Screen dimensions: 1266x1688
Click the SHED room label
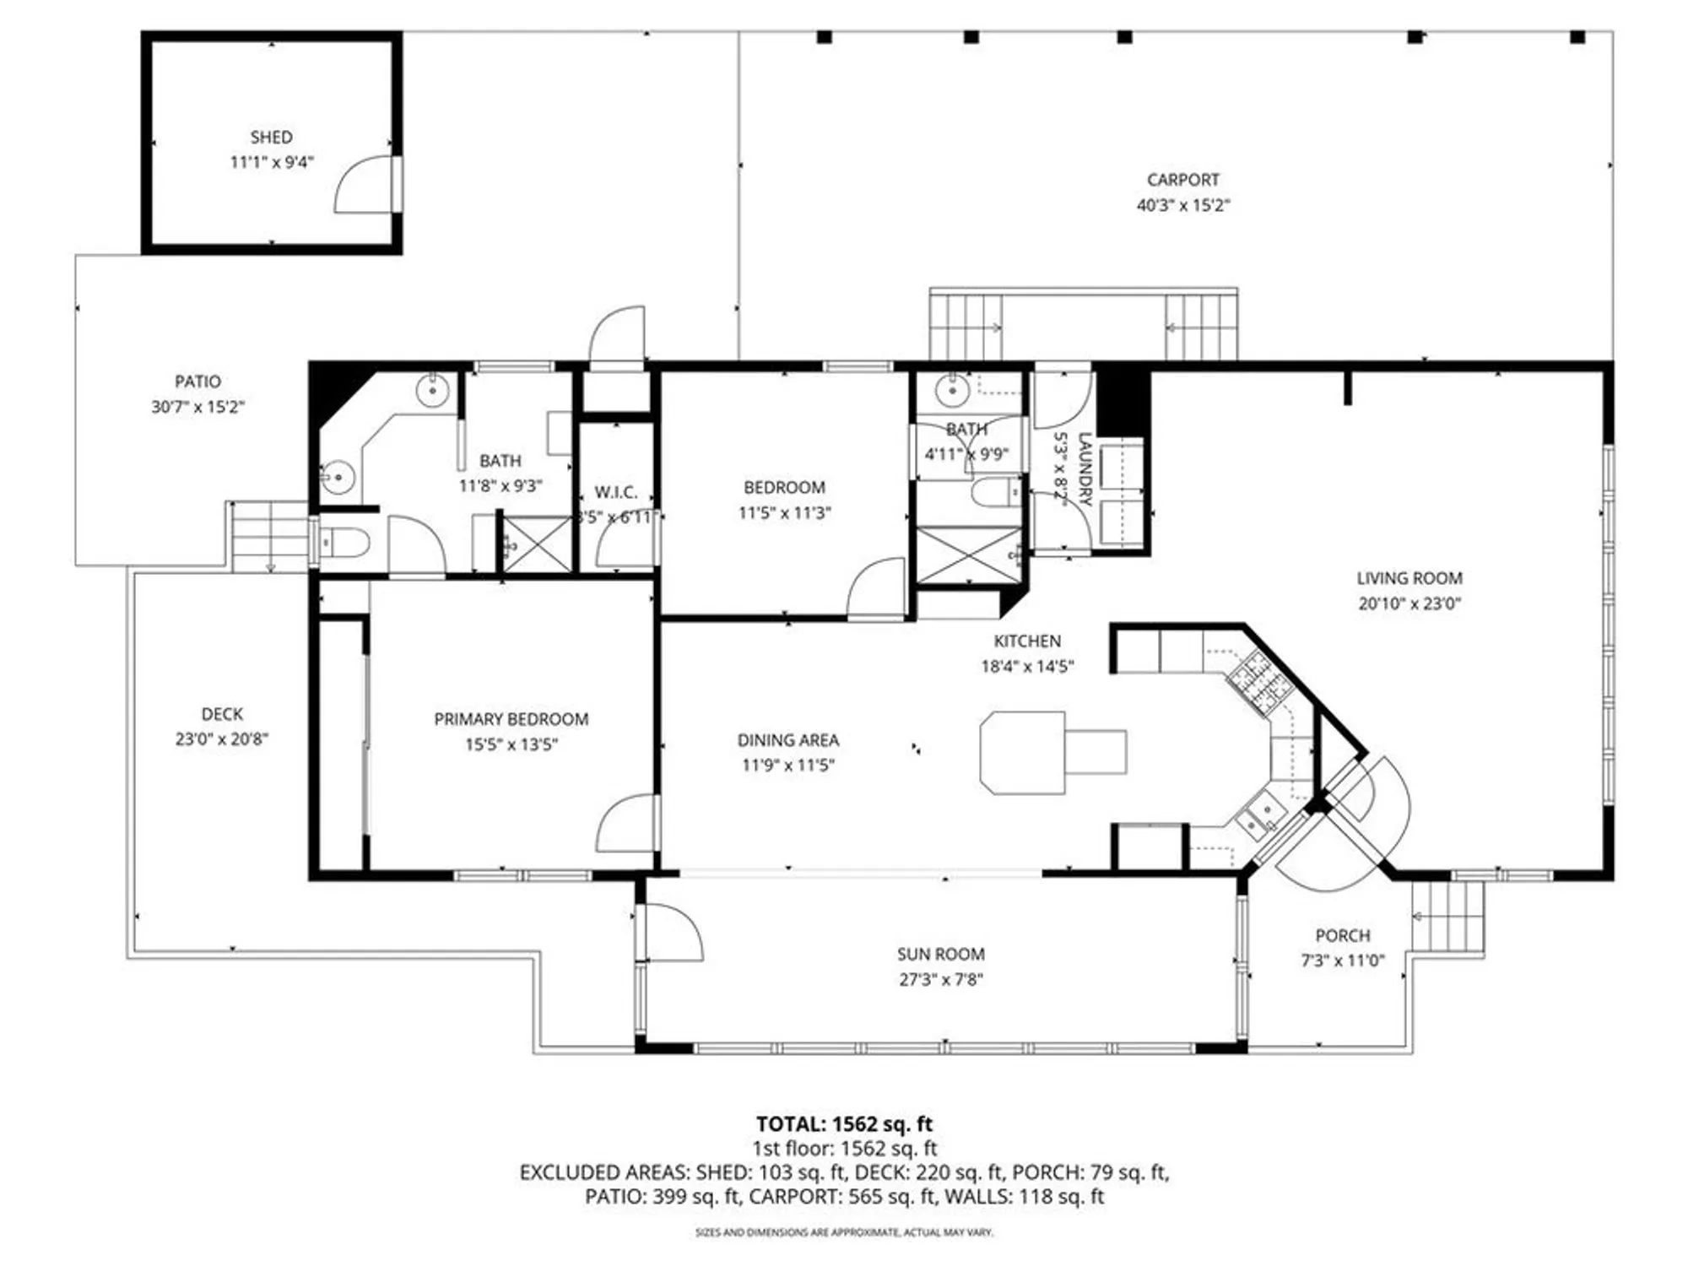[x=271, y=138]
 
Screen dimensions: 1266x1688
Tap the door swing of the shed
[x=365, y=187]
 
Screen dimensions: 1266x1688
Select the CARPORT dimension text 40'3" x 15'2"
[x=1182, y=205]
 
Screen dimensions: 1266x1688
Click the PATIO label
[x=197, y=381]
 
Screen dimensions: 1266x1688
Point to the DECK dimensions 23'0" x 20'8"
[x=221, y=739]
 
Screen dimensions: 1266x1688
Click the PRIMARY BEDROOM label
[x=511, y=719]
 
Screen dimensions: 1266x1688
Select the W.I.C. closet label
[x=615, y=492]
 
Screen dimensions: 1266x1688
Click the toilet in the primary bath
[x=344, y=543]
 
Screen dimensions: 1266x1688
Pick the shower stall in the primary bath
[x=537, y=544]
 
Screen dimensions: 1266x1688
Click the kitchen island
[x=1023, y=752]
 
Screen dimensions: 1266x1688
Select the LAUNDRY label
[x=1085, y=469]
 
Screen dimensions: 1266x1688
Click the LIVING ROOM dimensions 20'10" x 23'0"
[x=1409, y=603]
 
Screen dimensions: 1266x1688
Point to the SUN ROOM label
[x=940, y=954]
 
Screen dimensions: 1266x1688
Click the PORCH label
[x=1342, y=935]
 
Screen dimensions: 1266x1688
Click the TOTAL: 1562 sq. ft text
[x=843, y=1124]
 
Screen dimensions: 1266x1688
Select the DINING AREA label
[x=787, y=740]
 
